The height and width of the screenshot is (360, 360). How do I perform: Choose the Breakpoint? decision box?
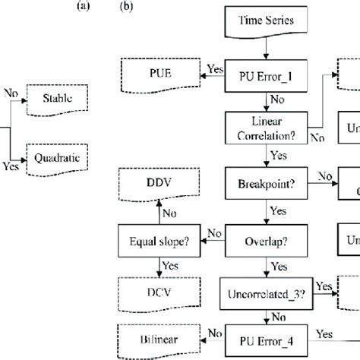tap(264, 183)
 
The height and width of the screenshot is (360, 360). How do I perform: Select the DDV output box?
tap(160, 182)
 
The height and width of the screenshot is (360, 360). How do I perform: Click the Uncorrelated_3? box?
tap(264, 289)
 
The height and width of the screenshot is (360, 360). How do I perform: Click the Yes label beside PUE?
tap(215, 68)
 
